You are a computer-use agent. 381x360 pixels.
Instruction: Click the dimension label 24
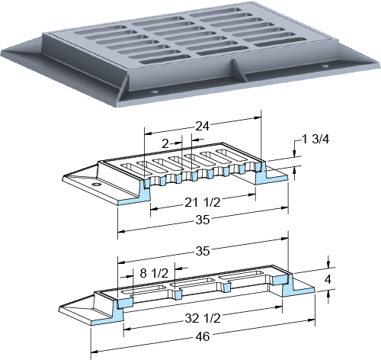(203, 126)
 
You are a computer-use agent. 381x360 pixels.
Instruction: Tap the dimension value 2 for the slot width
(165, 144)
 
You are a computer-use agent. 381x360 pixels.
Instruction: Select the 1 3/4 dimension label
(315, 139)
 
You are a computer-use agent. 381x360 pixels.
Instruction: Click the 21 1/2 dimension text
(203, 203)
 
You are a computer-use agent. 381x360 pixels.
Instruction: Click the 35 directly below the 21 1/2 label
(203, 220)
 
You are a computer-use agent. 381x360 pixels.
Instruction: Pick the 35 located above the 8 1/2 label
(203, 251)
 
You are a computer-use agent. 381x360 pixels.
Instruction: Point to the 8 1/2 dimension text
(154, 273)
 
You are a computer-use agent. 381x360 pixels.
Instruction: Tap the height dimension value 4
(328, 279)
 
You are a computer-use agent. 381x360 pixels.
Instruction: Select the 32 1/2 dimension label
(203, 318)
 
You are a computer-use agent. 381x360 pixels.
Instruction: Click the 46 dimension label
(203, 337)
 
